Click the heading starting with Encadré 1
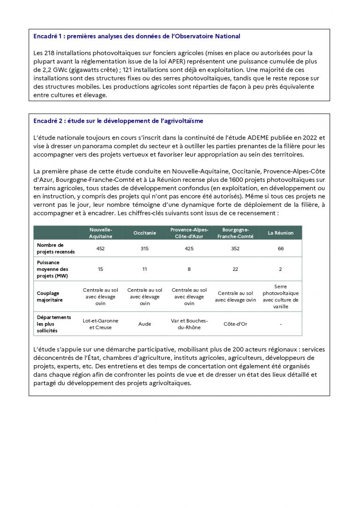136,36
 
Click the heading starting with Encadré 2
118,121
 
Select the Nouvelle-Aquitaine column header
100,233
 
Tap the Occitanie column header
145,233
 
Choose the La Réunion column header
280,233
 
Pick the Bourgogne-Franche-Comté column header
235,233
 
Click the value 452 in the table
100,248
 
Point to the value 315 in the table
145,248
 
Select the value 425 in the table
189,248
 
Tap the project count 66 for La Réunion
280,248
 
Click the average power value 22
235,269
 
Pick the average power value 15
100,269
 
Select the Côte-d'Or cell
235,324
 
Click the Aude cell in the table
145,324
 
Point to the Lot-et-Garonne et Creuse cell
100,324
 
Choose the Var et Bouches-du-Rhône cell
189,324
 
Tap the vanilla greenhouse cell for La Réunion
280,297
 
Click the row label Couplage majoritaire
48,297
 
